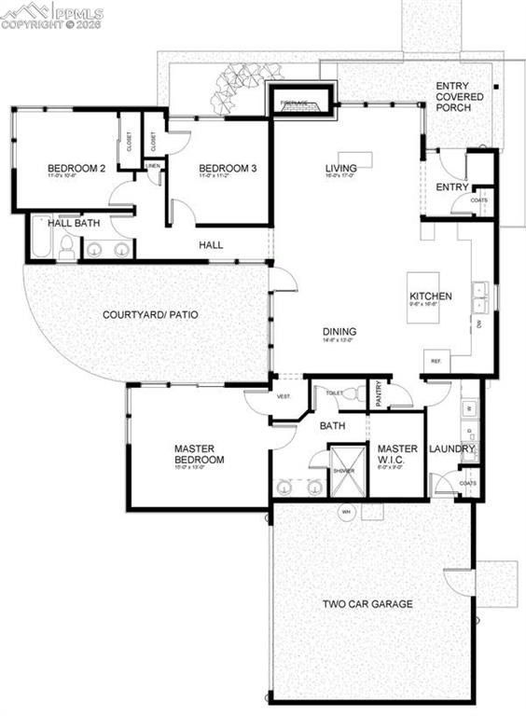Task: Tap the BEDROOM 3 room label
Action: click(x=227, y=169)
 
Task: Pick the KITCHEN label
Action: click(x=430, y=296)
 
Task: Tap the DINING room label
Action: click(x=339, y=331)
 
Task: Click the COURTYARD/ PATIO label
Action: click(x=149, y=314)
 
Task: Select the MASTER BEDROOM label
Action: click(x=199, y=454)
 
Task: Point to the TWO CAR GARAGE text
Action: click(x=367, y=603)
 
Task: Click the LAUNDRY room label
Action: click(x=451, y=449)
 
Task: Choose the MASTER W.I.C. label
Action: click(x=397, y=454)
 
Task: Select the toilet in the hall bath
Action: click(x=67, y=247)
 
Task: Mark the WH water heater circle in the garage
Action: click(x=344, y=512)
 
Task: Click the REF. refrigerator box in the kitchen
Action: click(x=435, y=362)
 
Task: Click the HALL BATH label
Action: click(x=74, y=224)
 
